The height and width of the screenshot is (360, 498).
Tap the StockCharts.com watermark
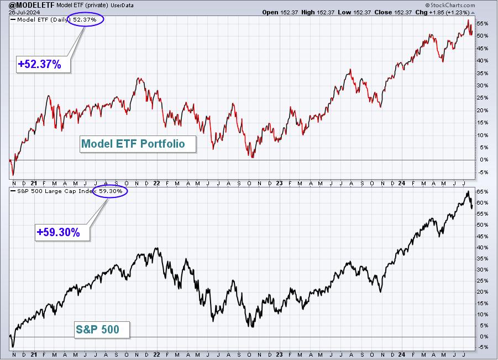click(x=450, y=5)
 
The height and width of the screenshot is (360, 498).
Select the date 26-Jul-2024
click(x=24, y=12)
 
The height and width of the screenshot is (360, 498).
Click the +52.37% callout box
click(x=43, y=64)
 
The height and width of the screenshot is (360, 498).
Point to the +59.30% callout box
click(x=62, y=232)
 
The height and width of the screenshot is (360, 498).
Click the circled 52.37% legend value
click(x=85, y=20)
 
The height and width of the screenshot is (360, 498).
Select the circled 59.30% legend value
click(x=111, y=191)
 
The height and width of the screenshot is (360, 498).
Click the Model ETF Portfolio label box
click(x=138, y=144)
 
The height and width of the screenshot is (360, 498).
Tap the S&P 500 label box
click(x=102, y=330)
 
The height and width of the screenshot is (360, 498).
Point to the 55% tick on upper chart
click(x=482, y=24)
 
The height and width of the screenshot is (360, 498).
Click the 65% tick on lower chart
click(x=482, y=191)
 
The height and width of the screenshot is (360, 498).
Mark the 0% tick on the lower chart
click(x=484, y=336)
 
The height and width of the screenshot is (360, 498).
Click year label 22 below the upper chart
click(x=156, y=184)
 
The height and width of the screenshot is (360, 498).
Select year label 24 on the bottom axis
click(x=402, y=354)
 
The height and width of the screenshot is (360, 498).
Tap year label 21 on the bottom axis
click(x=34, y=354)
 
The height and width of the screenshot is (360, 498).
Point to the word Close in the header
click(x=382, y=12)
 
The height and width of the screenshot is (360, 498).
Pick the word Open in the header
click(x=270, y=12)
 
